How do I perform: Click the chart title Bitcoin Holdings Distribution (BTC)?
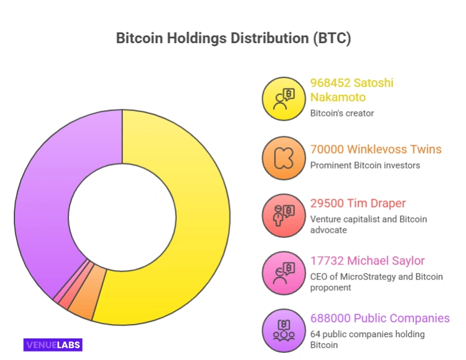click(233, 38)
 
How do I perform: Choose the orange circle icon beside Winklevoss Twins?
click(283, 158)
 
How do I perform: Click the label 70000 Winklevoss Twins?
click(375, 149)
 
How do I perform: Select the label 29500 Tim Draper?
click(357, 203)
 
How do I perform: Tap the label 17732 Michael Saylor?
click(367, 261)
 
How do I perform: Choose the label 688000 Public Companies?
click(380, 318)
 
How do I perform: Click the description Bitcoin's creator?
click(342, 113)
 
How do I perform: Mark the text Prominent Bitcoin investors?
click(365, 165)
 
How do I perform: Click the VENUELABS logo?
click(53, 344)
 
